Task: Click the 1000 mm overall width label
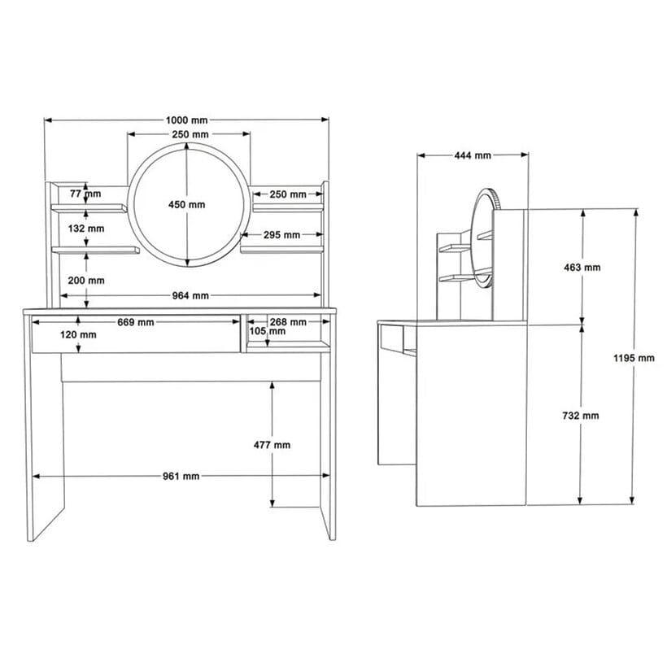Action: (x=187, y=120)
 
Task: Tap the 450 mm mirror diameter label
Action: (x=187, y=205)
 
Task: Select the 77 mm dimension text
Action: (x=85, y=194)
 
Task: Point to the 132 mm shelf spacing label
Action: (x=86, y=229)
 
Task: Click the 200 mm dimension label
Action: (x=86, y=281)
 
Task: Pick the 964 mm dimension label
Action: (x=190, y=295)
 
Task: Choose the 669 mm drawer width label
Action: (x=136, y=322)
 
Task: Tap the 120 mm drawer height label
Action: (x=78, y=335)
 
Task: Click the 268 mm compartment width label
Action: (x=288, y=322)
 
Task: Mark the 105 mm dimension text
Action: (x=268, y=331)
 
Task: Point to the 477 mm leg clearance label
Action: (x=272, y=446)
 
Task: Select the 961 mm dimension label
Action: (x=181, y=477)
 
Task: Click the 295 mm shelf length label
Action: (x=281, y=235)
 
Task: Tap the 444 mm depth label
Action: (x=473, y=155)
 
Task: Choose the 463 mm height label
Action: (x=582, y=268)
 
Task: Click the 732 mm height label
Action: (x=581, y=416)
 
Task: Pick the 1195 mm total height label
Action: (x=634, y=358)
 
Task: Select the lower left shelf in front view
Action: (x=95, y=251)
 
